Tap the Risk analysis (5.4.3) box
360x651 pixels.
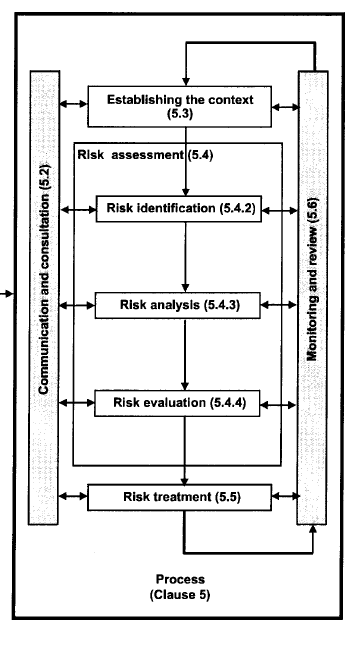pos(186,304)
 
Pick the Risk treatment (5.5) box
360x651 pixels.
pos(186,495)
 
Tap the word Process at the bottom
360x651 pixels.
pos(181,579)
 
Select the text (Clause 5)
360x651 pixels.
pos(181,596)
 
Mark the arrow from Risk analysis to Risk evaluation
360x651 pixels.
pos(186,354)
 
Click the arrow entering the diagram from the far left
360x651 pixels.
pos(6,293)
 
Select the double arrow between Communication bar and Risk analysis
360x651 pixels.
pos(76,304)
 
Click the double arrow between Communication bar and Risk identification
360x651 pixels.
pos(76,210)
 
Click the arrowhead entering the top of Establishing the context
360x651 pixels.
pos(186,81)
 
